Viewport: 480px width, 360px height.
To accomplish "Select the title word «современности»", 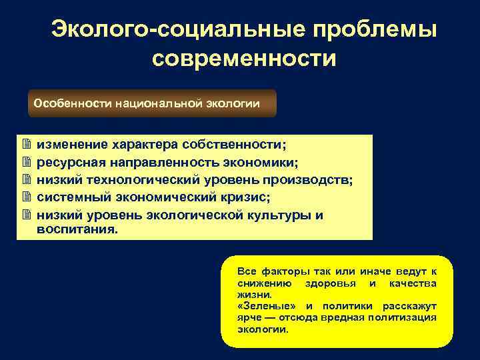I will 244,59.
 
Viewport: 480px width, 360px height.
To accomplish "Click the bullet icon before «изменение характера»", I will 27,145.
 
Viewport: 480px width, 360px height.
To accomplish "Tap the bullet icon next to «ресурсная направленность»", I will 27,162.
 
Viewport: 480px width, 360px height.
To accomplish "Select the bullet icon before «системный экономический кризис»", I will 27,197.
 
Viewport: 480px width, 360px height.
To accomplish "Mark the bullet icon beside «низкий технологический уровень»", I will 27,179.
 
